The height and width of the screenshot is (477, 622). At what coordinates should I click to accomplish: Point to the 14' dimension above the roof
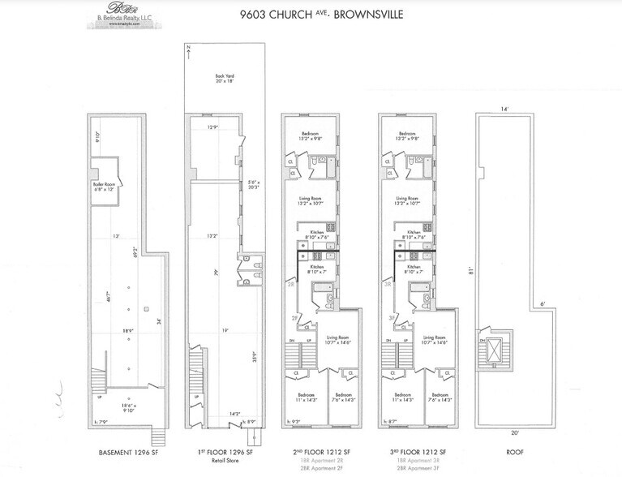tap(504, 108)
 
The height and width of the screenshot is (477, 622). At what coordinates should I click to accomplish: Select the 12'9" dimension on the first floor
tap(212, 128)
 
